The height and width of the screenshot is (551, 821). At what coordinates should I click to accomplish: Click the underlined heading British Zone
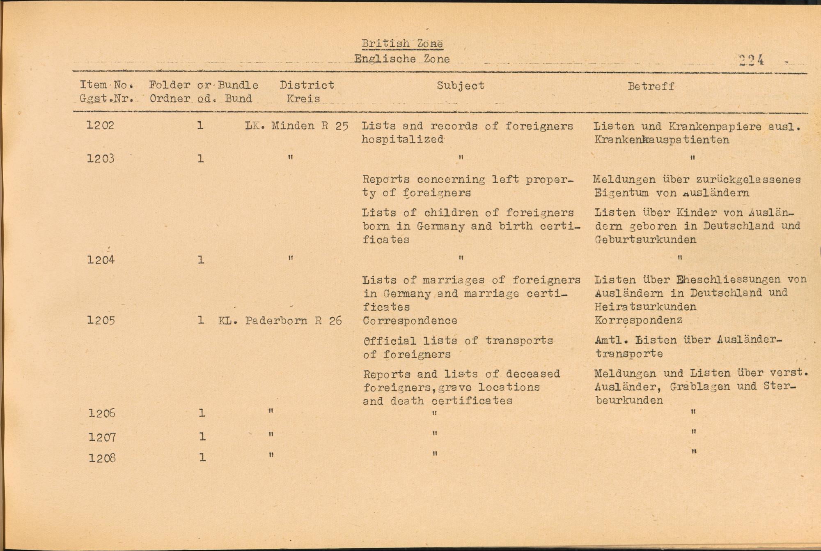click(x=402, y=44)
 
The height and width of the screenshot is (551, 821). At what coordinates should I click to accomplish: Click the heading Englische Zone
click(x=402, y=59)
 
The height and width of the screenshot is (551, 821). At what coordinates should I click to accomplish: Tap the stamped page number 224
click(x=751, y=60)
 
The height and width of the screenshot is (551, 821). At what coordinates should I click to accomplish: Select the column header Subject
click(x=460, y=86)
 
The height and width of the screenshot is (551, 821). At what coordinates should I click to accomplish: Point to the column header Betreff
click(x=651, y=86)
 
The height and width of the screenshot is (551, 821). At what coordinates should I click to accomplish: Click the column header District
click(x=307, y=85)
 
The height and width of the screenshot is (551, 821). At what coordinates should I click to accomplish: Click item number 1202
click(x=101, y=125)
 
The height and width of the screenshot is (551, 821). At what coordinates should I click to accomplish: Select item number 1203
click(x=101, y=158)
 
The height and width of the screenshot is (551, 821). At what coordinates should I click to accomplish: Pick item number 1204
click(x=101, y=260)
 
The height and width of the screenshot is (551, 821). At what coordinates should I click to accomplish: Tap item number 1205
click(x=101, y=320)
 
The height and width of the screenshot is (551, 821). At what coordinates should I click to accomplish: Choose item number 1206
click(x=102, y=413)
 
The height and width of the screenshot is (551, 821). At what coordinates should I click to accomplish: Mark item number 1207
click(x=102, y=437)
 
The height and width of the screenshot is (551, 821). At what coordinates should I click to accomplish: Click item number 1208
click(x=102, y=458)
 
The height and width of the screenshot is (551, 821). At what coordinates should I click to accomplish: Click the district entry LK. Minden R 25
click(x=296, y=126)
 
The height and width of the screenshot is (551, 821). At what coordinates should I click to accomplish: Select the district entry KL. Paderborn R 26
click(x=280, y=320)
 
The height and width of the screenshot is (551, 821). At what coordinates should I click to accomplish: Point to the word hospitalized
click(x=402, y=139)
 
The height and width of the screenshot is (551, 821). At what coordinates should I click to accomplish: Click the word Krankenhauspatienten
click(x=661, y=140)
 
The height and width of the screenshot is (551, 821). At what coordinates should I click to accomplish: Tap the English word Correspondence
click(x=410, y=320)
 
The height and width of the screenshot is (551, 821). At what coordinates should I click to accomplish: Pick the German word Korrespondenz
click(x=638, y=320)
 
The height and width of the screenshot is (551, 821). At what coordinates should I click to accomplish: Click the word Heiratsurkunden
click(x=645, y=307)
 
